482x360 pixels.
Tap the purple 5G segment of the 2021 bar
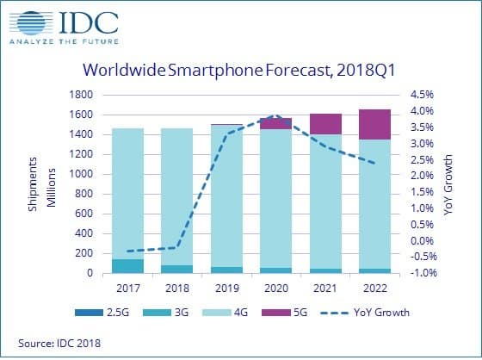(x=326, y=124)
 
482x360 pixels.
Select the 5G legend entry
(x=297, y=313)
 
